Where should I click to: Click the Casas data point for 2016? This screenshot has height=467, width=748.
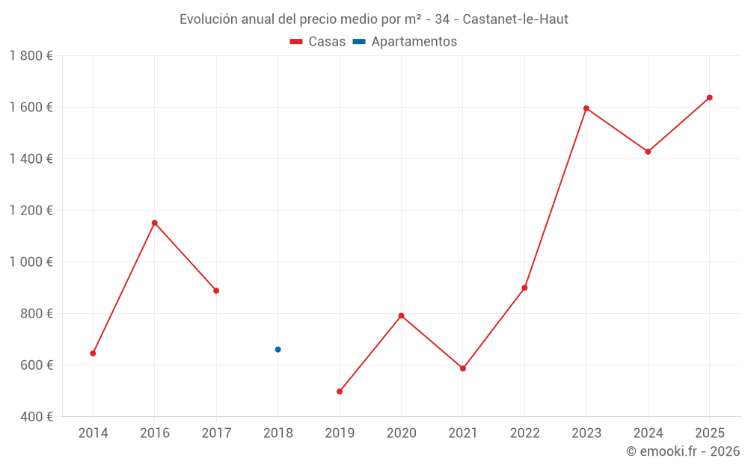[155, 223]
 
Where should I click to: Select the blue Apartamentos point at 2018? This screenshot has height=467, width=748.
[278, 350]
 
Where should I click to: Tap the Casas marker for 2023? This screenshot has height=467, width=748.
[586, 108]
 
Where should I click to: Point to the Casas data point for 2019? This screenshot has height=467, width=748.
[340, 392]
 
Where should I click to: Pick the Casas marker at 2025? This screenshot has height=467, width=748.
[710, 97]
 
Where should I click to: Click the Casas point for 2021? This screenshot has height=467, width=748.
[463, 368]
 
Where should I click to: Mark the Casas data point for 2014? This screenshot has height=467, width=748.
[93, 353]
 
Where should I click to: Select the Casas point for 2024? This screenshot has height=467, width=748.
[648, 152]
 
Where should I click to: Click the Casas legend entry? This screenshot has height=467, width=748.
[318, 42]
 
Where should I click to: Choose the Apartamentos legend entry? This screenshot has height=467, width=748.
[405, 42]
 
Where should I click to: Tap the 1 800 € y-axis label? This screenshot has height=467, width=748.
[31, 56]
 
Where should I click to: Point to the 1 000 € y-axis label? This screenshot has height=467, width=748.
[31, 262]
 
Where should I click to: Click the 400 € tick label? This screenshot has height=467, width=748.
[36, 417]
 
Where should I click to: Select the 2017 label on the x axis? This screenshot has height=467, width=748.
[216, 433]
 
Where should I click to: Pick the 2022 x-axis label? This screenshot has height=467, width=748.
[524, 433]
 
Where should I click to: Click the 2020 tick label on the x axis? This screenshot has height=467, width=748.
[401, 433]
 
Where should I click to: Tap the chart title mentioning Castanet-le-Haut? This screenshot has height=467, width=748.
[374, 19]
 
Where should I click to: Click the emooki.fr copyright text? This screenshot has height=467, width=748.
[683, 451]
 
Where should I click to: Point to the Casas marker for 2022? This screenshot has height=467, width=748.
[524, 288]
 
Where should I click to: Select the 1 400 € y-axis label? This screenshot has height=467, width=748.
[31, 159]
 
